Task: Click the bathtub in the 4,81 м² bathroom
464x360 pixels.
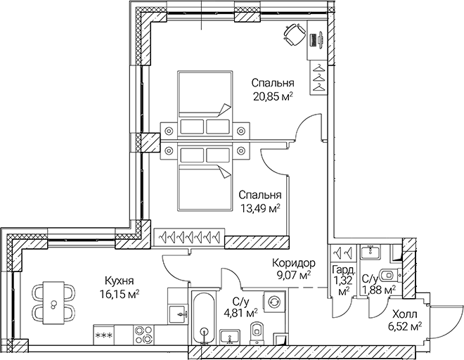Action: (x=203, y=318)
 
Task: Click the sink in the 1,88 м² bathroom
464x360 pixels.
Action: (x=369, y=252)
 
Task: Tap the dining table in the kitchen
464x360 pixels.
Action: (x=53, y=300)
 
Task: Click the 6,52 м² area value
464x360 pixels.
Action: (x=406, y=326)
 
